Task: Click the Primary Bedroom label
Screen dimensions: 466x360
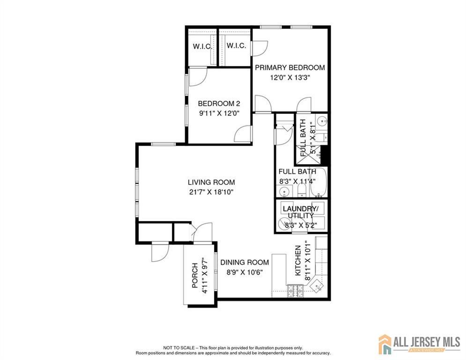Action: point(290,67)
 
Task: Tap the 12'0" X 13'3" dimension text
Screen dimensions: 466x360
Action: point(290,78)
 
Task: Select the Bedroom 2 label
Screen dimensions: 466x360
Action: point(219,104)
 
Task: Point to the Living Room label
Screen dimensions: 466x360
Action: point(211,182)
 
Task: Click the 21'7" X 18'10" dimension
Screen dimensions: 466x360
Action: point(211,192)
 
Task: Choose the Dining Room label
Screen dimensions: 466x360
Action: point(244,262)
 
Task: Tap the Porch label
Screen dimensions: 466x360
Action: point(195,275)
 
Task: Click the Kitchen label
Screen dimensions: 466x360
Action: point(298,260)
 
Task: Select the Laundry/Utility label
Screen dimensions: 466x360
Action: point(301,212)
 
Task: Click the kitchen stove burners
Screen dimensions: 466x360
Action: point(295,291)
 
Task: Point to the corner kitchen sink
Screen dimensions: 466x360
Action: point(318,286)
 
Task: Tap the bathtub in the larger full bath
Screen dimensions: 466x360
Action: point(318,182)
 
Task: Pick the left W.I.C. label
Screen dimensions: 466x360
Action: point(202,47)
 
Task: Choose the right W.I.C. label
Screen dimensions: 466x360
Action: point(236,46)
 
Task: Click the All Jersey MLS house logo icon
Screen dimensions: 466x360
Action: point(385,344)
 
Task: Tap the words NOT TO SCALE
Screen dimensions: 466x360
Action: point(179,347)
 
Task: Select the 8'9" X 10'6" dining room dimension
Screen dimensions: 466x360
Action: point(244,272)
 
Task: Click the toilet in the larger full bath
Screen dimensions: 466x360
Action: point(302,190)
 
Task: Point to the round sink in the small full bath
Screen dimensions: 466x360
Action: point(321,121)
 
